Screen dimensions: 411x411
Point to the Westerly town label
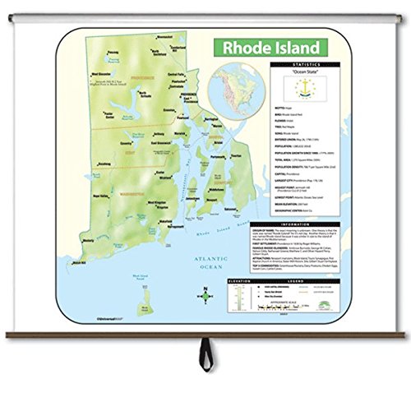click(81, 263)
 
